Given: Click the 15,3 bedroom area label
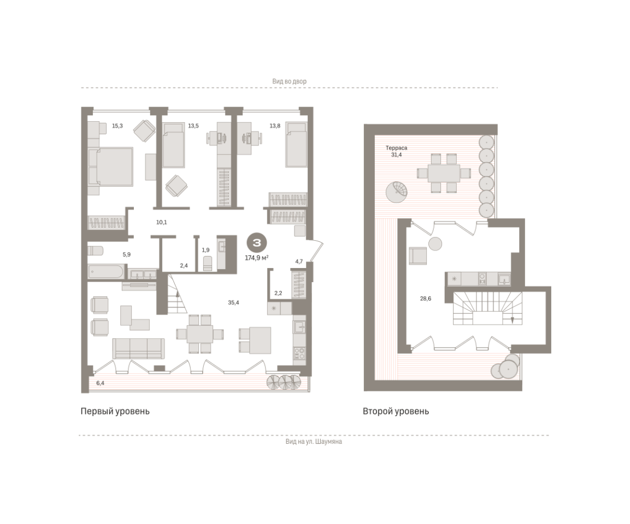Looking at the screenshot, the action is pyautogui.click(x=117, y=126).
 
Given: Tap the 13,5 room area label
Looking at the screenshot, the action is pyautogui.click(x=193, y=126).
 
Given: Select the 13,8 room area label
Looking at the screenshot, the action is pyautogui.click(x=275, y=126).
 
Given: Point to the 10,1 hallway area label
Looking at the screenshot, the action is pyautogui.click(x=162, y=222).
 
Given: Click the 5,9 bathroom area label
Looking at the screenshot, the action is pyautogui.click(x=127, y=254).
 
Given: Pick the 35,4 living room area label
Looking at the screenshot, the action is pyautogui.click(x=233, y=302).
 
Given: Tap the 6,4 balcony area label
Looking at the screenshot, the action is pyautogui.click(x=100, y=383).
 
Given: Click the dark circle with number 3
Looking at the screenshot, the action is pyautogui.click(x=257, y=243).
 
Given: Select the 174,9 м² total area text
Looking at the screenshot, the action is pyautogui.click(x=257, y=258).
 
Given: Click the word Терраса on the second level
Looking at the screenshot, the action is pyautogui.click(x=396, y=148).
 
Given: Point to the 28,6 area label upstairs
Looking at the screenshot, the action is pyautogui.click(x=426, y=299).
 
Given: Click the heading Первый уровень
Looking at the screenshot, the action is pyautogui.click(x=115, y=411).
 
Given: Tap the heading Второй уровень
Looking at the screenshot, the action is pyautogui.click(x=396, y=411).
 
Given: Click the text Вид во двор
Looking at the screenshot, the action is pyautogui.click(x=289, y=81).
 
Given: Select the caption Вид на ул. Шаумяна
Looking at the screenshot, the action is pyautogui.click(x=314, y=442).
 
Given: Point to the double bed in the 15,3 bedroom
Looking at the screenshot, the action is pyautogui.click(x=110, y=167).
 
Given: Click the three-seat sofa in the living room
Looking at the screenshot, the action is pyautogui.click(x=138, y=348).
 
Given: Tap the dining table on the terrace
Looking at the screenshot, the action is pyautogui.click(x=444, y=174).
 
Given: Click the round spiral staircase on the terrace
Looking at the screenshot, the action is pyautogui.click(x=397, y=192).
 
